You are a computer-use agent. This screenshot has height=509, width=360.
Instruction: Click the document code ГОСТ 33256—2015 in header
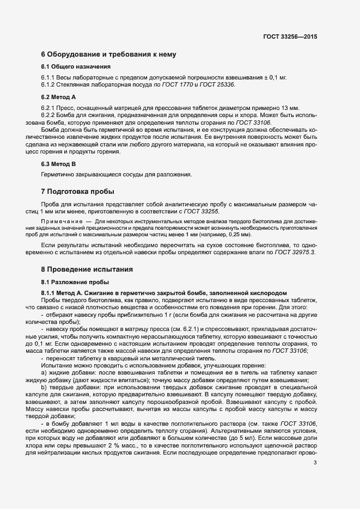coord(290,36)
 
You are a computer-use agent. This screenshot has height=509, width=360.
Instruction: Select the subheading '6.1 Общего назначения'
coord(69,67)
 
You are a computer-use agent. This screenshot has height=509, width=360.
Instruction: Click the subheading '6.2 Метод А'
coord(58,96)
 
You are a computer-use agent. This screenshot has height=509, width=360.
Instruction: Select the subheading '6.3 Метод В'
coord(58,163)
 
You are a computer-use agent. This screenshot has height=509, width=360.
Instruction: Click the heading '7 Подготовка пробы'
coord(77,192)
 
